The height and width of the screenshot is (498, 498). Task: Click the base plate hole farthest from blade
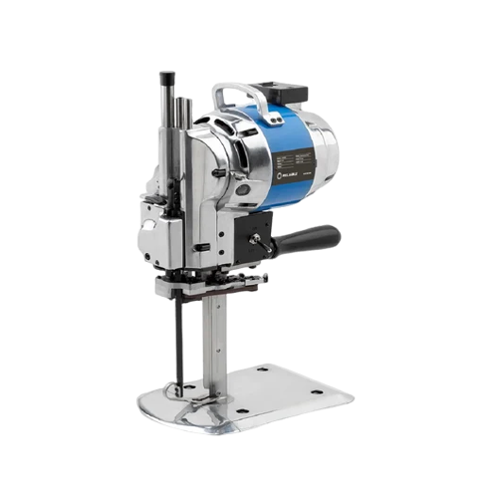point(318,392)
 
